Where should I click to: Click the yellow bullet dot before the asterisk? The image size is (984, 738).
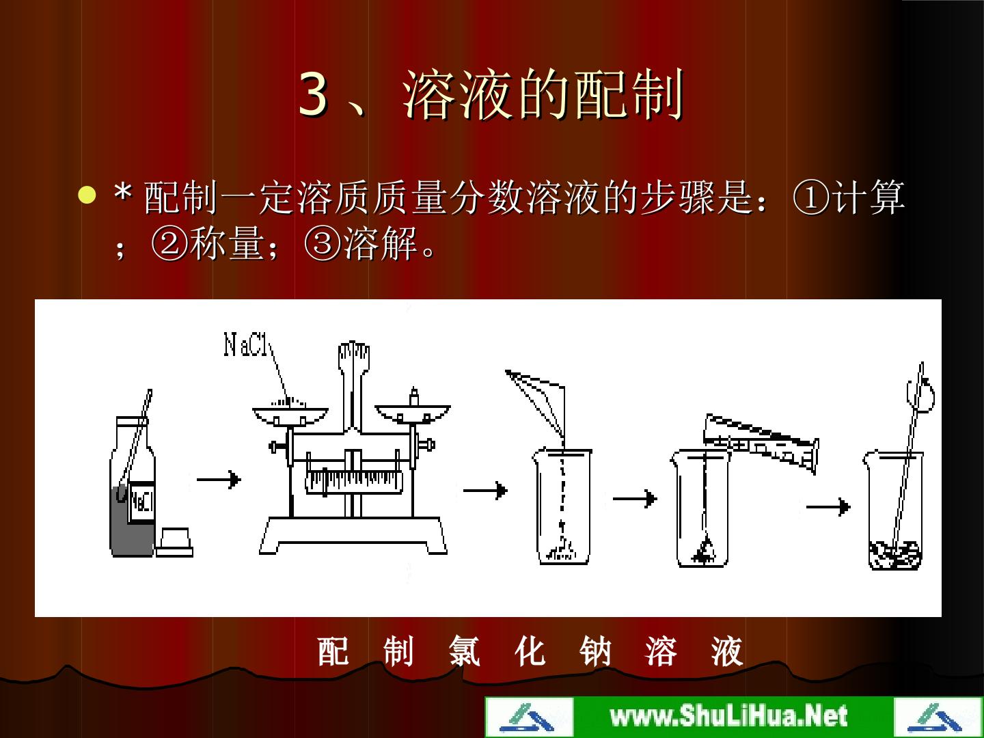(x=87, y=195)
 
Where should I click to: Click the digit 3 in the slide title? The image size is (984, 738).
(x=313, y=94)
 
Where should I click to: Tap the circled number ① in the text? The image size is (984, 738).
(x=811, y=198)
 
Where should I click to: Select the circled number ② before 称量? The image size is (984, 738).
(x=169, y=244)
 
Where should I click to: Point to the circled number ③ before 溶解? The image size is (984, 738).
(x=322, y=244)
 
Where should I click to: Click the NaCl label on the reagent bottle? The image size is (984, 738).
(x=141, y=502)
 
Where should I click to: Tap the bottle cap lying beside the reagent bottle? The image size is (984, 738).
(x=174, y=542)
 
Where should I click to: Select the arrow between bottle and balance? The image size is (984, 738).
(x=219, y=480)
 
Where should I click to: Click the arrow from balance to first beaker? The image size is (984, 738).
(x=485, y=490)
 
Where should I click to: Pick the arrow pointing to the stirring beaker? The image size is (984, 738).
(x=828, y=507)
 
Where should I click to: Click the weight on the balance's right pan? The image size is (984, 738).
(x=414, y=397)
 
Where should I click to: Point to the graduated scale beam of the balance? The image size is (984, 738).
(x=354, y=482)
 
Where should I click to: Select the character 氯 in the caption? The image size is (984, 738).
(x=465, y=651)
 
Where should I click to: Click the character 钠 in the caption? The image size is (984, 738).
(x=595, y=651)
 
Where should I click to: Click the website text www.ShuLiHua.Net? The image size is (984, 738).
(x=729, y=715)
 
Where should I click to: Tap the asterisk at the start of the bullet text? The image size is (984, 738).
(x=123, y=193)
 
